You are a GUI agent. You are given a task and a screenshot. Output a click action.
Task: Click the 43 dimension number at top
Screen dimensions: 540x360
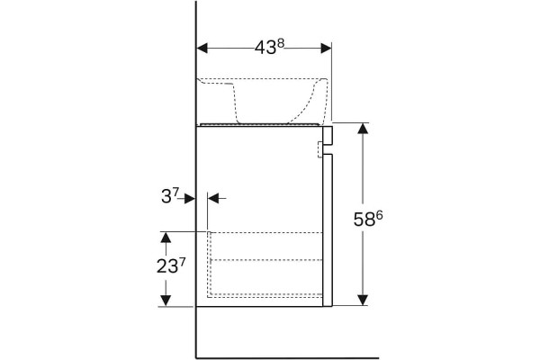pyautogui.click(x=265, y=48)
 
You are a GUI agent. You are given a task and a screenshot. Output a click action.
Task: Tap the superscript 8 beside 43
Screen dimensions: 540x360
pyautogui.click(x=280, y=43)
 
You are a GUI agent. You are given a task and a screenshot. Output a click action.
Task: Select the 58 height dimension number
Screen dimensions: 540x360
pyautogui.click(x=364, y=220)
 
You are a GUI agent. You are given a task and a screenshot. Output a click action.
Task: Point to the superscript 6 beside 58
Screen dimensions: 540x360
pyautogui.click(x=379, y=215)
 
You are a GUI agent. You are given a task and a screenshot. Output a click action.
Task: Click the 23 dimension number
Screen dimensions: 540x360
pyautogui.click(x=167, y=266)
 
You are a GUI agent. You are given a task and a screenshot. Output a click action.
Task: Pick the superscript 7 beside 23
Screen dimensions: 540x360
pyautogui.click(x=182, y=262)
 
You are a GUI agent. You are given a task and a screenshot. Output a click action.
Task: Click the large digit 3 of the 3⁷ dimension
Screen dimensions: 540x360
pyautogui.click(x=166, y=197)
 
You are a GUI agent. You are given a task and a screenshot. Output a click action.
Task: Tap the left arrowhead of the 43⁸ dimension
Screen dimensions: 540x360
pyautogui.click(x=202, y=49)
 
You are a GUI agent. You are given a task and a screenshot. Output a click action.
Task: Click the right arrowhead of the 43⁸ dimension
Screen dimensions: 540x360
pyautogui.click(x=326, y=49)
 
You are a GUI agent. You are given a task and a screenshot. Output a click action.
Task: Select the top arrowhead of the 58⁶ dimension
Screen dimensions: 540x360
pyautogui.click(x=363, y=128)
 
